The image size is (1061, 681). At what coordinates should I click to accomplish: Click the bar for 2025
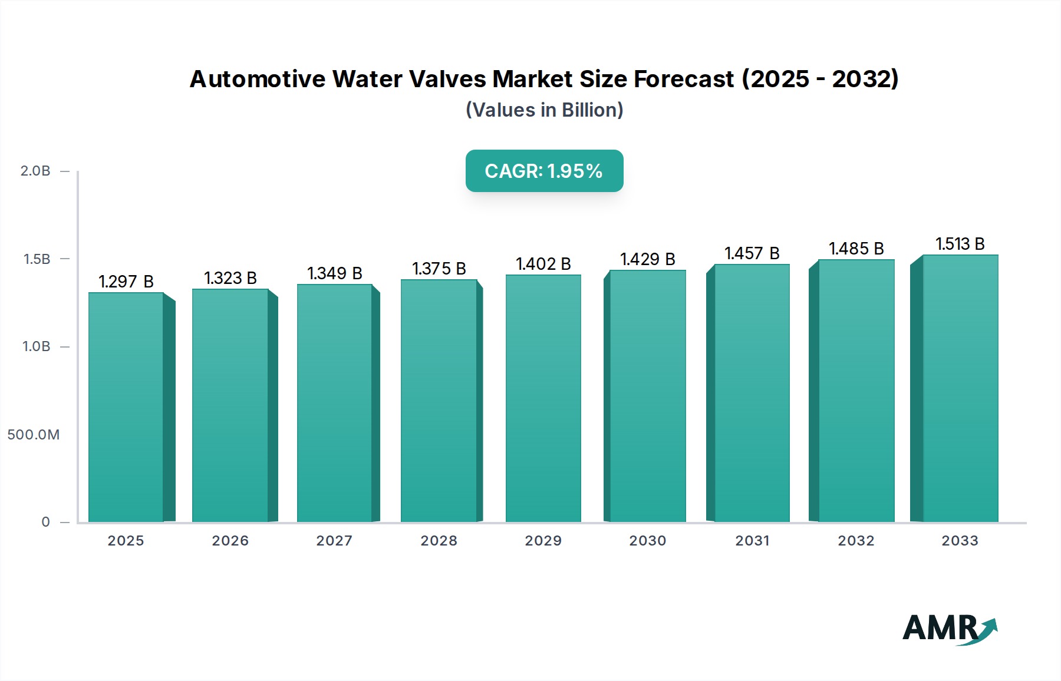[x=126, y=406]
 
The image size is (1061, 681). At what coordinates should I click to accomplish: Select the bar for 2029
[x=543, y=398]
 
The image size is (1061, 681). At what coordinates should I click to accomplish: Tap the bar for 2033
[x=960, y=389]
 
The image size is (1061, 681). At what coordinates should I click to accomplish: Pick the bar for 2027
[x=335, y=404]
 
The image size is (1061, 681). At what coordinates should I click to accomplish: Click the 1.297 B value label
[x=126, y=282]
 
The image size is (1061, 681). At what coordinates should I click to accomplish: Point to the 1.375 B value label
[x=439, y=269]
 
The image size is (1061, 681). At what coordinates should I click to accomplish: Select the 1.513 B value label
[x=960, y=244]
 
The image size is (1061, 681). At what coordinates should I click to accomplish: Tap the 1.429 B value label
[x=648, y=259]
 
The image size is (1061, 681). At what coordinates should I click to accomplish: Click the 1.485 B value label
[x=856, y=249]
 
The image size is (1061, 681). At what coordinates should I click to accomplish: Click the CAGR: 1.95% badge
[x=544, y=171]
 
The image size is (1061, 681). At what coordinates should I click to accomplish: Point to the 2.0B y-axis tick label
[x=35, y=171]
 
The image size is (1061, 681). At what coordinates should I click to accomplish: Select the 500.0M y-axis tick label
[x=34, y=435]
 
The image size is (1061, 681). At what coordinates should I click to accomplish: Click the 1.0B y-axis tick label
[x=37, y=346]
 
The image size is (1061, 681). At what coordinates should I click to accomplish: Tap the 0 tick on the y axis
[x=46, y=522]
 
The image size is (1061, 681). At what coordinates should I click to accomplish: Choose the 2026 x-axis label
[x=230, y=541]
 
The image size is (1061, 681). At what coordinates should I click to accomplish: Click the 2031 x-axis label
[x=752, y=541]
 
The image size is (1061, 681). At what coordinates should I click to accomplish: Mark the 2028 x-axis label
[x=439, y=541]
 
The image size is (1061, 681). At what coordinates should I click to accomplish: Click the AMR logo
[x=949, y=629]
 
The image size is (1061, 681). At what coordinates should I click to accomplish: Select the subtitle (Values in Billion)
[x=544, y=110]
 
